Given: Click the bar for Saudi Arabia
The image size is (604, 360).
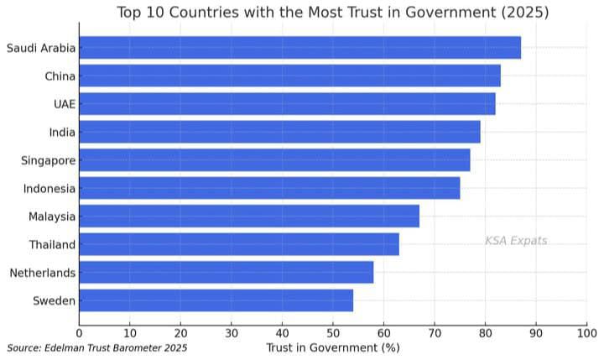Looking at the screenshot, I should tap(299, 48).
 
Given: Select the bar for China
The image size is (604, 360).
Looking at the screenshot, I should tap(289, 76).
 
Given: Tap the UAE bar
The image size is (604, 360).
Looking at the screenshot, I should tap(287, 104).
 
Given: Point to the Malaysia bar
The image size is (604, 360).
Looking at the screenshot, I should tap(249, 217).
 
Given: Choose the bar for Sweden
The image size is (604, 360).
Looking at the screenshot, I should tap(216, 300).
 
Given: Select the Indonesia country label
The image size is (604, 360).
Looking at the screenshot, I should tap(49, 189).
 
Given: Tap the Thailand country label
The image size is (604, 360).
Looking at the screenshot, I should tap(52, 245).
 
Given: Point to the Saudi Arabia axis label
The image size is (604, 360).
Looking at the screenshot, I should tap(41, 48).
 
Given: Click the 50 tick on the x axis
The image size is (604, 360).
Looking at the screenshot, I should tap(333, 333).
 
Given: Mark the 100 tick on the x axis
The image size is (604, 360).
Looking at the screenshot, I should tap(586, 333).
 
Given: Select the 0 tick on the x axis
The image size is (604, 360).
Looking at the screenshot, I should tap(80, 333).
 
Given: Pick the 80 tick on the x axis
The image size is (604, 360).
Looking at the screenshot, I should tap(485, 333).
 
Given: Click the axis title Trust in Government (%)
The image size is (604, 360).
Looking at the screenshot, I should tap(332, 347).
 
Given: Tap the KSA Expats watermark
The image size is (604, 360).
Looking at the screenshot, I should tap(515, 241).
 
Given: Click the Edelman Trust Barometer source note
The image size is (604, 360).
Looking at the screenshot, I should tap(97, 347).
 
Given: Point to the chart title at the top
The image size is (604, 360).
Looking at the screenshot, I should tap(332, 12).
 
